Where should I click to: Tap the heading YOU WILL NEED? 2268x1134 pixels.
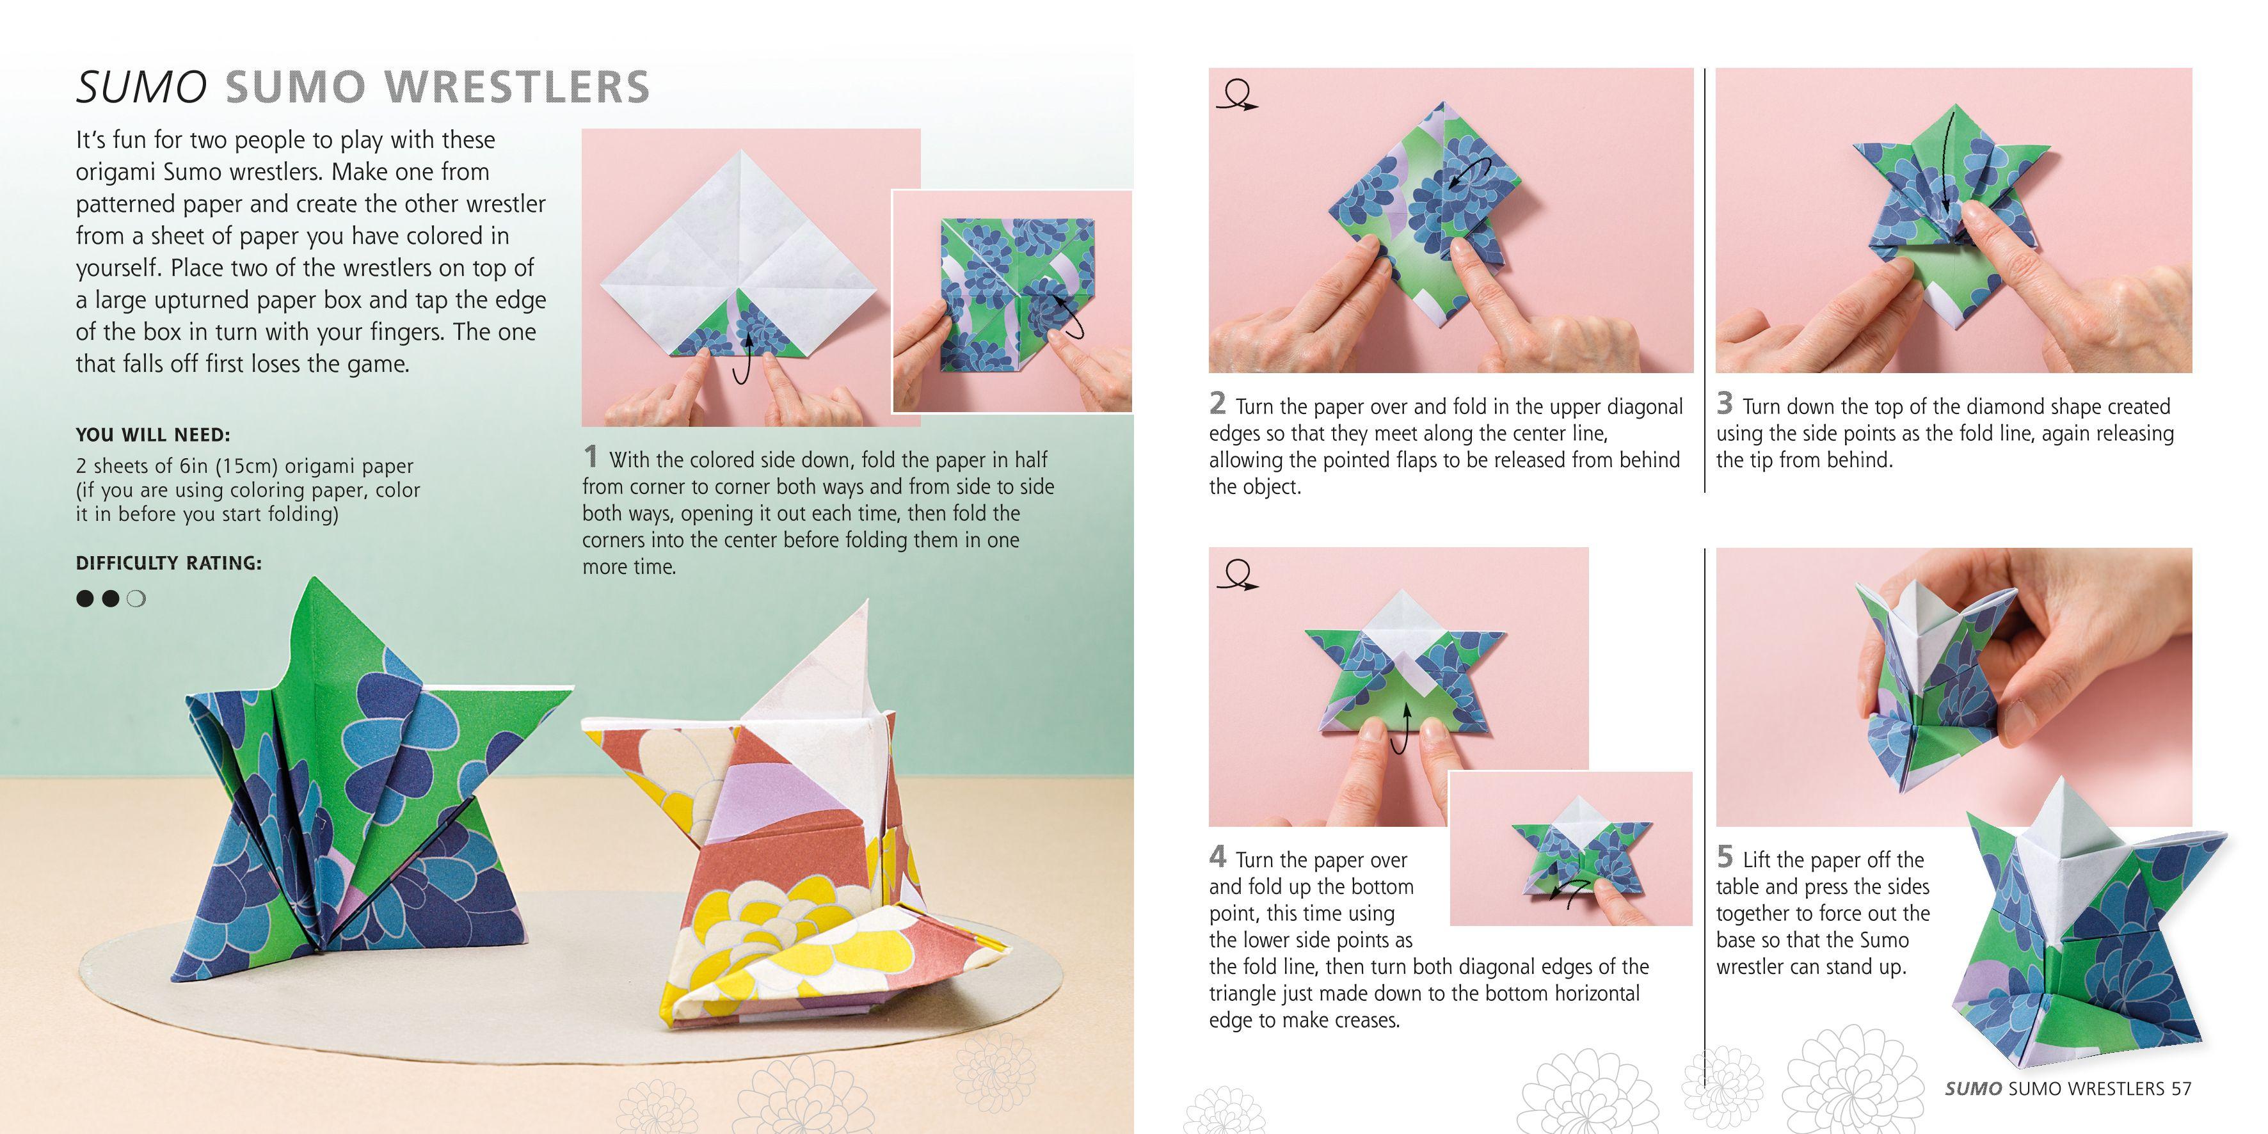tap(152, 435)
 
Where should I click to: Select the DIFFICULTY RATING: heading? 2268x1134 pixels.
tap(168, 563)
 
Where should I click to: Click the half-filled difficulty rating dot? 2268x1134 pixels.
tap(136, 600)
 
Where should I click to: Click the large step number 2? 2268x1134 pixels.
tap(1218, 403)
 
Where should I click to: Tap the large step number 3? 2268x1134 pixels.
tap(1725, 403)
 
